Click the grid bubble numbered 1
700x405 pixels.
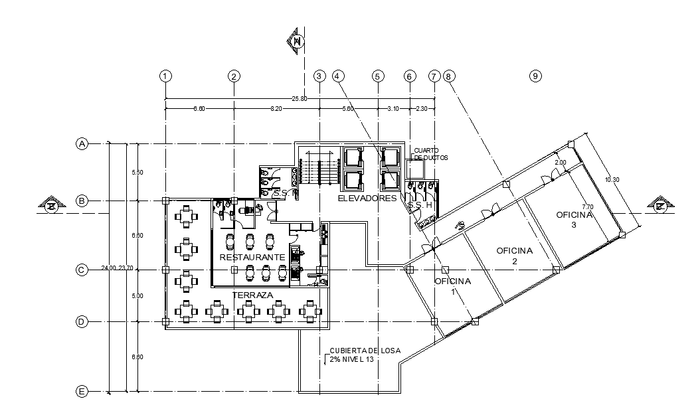click(166, 76)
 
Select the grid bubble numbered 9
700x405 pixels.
click(535, 76)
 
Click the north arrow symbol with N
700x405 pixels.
click(297, 42)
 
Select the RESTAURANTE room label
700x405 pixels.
click(252, 257)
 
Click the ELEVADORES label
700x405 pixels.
click(367, 199)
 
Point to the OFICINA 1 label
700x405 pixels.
click(453, 285)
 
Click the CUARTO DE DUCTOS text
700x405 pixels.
click(431, 154)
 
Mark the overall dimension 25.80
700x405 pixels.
click(300, 99)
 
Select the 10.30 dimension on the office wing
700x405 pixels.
click(613, 180)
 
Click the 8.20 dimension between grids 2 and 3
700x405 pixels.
click(276, 108)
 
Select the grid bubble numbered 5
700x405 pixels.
click(379, 76)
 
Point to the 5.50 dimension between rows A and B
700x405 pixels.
click(137, 173)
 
